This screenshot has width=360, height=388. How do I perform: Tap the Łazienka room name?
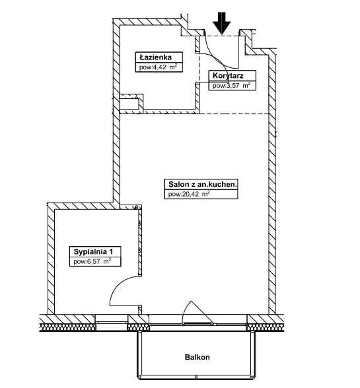156,57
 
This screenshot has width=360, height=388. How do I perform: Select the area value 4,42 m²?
158,67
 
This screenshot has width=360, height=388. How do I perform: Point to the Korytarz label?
228,75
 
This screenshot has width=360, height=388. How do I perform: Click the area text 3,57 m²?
231,86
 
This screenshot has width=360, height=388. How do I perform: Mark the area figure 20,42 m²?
189,194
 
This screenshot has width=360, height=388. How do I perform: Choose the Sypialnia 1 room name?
93,252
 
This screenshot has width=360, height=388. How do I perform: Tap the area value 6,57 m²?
92,261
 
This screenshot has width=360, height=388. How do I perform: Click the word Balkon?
198,357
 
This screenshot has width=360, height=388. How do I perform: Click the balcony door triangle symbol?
197,312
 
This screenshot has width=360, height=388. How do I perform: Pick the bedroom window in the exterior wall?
112,323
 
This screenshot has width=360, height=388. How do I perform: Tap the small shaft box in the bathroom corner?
131,102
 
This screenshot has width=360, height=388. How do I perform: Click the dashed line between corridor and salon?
234,113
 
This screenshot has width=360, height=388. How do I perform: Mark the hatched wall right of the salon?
272,184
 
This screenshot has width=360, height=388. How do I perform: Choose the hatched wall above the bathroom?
151,22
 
